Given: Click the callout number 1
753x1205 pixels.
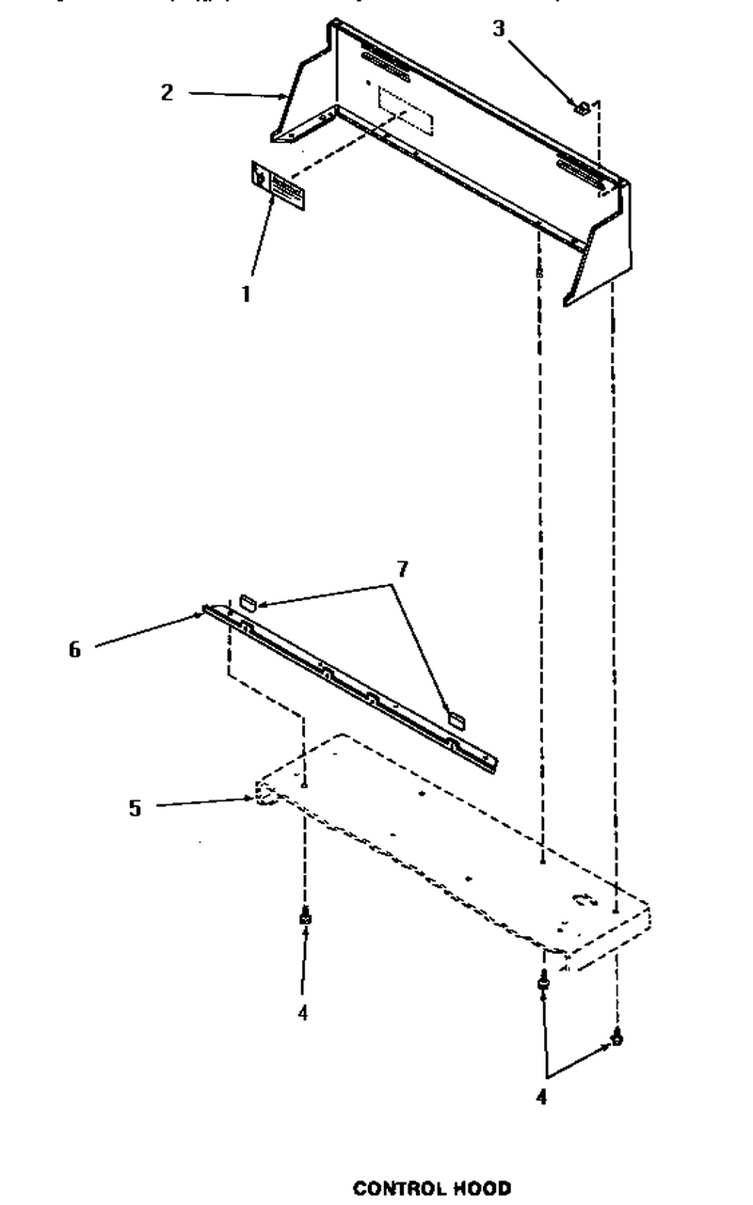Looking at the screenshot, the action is [246, 294].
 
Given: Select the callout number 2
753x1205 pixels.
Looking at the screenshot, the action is [168, 92].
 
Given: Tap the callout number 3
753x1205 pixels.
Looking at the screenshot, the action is [499, 28].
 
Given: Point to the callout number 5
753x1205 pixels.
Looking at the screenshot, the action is [135, 808].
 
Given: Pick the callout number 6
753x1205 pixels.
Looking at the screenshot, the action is [74, 649].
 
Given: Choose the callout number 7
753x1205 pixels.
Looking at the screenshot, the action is [402, 569].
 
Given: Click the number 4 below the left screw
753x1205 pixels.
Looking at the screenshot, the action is [302, 1013].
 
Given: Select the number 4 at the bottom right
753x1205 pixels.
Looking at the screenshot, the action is [541, 1096].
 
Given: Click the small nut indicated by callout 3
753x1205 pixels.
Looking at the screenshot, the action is [582, 108].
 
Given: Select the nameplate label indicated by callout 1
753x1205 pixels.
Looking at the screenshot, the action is [278, 185].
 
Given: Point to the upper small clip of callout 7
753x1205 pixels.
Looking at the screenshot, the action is [248, 602].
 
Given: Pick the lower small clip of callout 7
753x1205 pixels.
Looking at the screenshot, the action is [457, 720].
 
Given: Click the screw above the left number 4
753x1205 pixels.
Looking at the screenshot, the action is [306, 916].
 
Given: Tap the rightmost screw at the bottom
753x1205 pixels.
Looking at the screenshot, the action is [617, 1037].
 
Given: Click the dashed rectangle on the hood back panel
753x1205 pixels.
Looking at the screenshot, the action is [406, 111].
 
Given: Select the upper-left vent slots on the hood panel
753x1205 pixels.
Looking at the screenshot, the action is [385, 66].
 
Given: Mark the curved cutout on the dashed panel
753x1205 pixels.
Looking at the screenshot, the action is [583, 899].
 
